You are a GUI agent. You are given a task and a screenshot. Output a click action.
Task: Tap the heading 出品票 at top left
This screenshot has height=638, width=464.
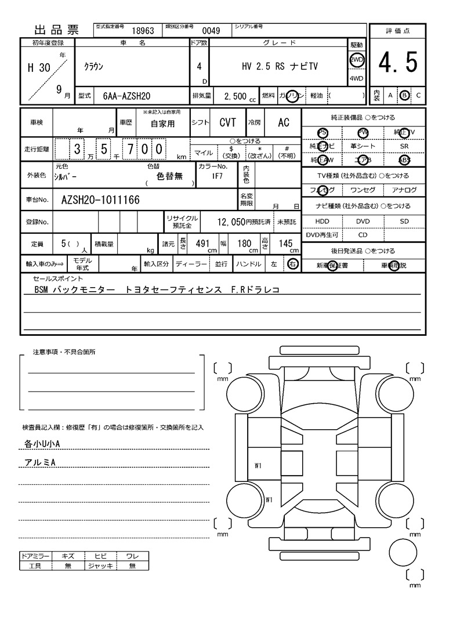coord(57,31)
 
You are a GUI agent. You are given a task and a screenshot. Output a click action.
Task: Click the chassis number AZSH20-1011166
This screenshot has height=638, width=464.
coord(100,200)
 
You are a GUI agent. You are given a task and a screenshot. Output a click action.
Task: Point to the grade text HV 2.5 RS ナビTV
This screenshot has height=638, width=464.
coord(280,66)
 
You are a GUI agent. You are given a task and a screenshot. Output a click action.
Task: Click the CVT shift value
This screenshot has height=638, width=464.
coord(227,122)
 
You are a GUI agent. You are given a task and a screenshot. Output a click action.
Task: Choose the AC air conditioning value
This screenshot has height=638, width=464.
coord(284,122)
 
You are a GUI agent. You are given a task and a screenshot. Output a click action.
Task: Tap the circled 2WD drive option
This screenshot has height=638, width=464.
coord(356,60)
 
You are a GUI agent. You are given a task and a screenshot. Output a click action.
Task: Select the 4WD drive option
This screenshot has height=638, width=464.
coord(356,79)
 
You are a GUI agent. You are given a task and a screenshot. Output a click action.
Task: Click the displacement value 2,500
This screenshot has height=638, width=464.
coord(235,96)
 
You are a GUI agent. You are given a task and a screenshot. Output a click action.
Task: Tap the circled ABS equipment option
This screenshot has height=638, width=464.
coord(404,160)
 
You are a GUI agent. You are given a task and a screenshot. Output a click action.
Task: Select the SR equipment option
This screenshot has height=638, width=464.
coord(404,146)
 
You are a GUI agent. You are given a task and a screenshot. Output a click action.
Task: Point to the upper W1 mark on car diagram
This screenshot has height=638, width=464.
coord(259,465)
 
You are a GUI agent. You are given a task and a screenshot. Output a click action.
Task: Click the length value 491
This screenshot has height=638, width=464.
coord(202,244)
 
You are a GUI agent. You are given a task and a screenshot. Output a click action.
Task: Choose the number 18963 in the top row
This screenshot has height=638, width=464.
coord(143,31)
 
